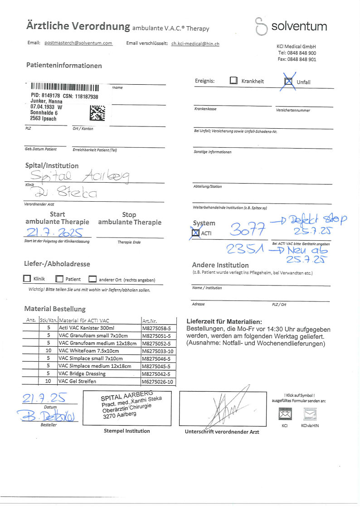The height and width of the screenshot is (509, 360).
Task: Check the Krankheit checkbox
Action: [234, 81]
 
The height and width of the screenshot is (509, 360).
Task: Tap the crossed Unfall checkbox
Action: [288, 82]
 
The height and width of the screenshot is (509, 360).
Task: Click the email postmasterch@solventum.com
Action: [78, 43]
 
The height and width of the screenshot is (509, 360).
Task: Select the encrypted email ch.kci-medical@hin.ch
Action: [195, 44]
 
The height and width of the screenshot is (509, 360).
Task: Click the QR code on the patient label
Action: [97, 113]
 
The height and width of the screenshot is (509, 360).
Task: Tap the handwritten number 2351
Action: [245, 250]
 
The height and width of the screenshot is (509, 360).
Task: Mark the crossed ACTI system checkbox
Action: [196, 233]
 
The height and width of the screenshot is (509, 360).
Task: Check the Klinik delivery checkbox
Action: [27, 279]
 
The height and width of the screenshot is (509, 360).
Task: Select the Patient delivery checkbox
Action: [59, 279]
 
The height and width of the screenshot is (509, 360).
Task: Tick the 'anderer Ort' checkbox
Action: [92, 279]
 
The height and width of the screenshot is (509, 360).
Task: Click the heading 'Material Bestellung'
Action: [55, 309]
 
